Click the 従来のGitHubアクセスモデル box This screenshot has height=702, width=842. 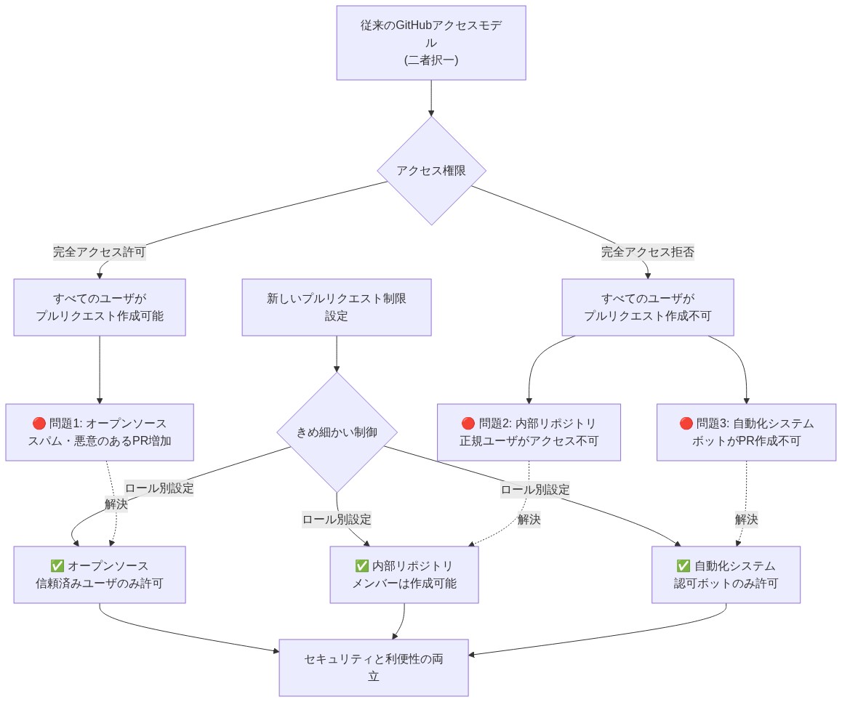430,42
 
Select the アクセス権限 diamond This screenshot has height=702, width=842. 431,171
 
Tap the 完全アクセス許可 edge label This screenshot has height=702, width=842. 99,252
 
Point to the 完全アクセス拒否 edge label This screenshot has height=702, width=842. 647,252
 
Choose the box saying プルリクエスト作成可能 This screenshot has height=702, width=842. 100,307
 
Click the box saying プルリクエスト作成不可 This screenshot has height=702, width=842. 647,307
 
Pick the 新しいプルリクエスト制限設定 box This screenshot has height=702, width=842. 336,307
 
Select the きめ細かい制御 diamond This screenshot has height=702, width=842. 337,432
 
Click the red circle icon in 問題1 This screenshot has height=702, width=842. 39,424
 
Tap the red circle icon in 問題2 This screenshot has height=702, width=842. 468,424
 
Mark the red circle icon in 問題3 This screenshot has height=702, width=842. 686,424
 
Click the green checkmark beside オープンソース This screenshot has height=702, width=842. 57,566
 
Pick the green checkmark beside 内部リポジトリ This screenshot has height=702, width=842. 361,566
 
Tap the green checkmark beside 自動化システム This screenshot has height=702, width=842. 683,566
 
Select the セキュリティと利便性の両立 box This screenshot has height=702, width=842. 374,668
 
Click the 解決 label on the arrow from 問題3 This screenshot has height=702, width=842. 746,520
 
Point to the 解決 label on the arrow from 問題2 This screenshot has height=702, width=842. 528,519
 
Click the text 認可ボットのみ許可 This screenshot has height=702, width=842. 726,583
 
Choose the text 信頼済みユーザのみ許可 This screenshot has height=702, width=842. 100,583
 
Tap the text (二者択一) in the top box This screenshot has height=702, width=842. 430,60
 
